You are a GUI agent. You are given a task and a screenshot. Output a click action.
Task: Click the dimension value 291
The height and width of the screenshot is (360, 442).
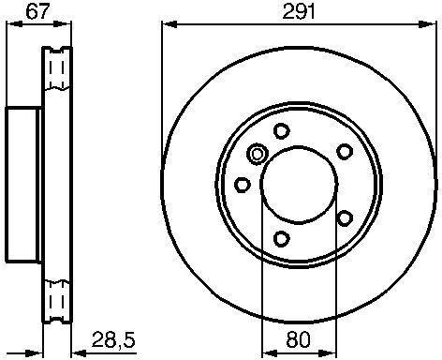299,12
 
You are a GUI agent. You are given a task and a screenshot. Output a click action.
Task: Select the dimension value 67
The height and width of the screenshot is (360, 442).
37,12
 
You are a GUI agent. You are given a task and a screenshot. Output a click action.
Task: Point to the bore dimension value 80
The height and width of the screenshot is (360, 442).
299,339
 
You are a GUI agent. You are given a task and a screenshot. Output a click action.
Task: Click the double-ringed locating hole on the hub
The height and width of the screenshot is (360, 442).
258,154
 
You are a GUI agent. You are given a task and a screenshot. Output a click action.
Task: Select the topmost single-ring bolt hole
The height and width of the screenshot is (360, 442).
281,130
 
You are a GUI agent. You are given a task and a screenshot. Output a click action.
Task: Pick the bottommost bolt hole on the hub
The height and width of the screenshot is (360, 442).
281,239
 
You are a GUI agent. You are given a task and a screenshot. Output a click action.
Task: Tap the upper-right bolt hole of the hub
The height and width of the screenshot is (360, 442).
345,151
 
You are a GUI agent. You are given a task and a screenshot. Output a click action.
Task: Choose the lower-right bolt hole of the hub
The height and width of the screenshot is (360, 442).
345,218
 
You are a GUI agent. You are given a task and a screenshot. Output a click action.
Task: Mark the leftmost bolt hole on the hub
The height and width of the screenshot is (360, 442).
243,185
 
